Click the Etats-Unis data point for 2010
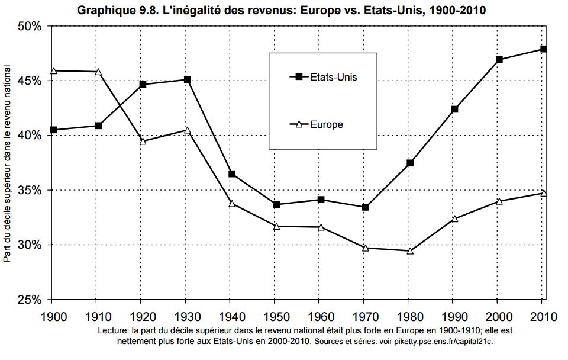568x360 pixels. coord(543,49)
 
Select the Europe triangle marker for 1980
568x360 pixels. coord(410,250)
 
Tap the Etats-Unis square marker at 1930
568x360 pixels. coord(188,79)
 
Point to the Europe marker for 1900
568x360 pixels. coord(53,70)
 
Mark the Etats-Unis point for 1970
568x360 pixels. coord(366,207)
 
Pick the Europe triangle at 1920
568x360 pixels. coord(143,141)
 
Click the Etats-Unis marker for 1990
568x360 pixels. coord(454,110)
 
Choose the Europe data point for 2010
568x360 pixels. coord(543,193)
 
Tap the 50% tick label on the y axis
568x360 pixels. coord(29,27)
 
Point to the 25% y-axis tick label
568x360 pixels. coord(29,300)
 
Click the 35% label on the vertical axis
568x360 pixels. coord(29,191)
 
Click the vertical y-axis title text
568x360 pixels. coord(8,163)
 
